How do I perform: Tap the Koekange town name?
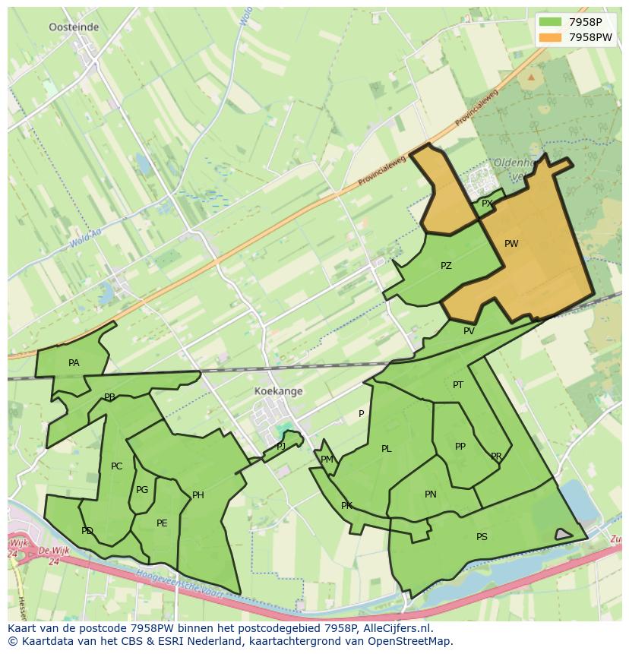(x=279, y=391)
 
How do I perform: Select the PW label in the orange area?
(x=511, y=244)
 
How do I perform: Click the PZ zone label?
(x=446, y=266)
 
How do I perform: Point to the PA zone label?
(x=74, y=363)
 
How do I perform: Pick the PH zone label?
(x=198, y=495)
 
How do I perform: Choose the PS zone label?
(x=482, y=537)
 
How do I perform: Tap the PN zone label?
(x=431, y=494)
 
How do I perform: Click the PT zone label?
(x=458, y=385)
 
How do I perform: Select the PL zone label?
(x=387, y=449)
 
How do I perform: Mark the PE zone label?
(x=162, y=523)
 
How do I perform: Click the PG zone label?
(x=142, y=490)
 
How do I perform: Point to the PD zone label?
(x=87, y=531)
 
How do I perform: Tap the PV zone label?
(x=469, y=330)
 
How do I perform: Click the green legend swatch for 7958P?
(x=550, y=22)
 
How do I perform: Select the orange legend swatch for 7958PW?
(x=550, y=37)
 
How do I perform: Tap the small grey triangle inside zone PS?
(x=562, y=534)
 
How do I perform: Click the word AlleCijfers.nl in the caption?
(x=394, y=628)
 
